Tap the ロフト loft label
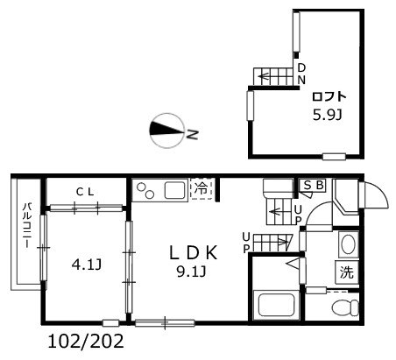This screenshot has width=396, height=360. click(329, 96)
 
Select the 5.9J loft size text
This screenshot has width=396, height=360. click(328, 116)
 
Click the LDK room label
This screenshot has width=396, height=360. click(194, 253)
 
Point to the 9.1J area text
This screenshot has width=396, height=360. click(192, 272)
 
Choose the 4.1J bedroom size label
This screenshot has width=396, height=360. click(87, 265)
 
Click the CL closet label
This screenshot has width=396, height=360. click(85, 192)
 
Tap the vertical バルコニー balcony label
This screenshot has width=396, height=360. click(27, 225)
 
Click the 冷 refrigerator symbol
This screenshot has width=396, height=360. click(202, 189)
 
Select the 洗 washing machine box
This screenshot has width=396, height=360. click(347, 272)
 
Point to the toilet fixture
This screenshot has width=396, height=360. click(345, 307)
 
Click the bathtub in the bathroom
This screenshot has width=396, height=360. click(277, 305)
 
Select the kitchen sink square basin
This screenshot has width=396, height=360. click(175, 190)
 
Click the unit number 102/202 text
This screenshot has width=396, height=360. click(86, 341)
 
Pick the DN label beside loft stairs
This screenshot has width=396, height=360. click(301, 74)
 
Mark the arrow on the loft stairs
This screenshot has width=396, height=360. click(265, 77)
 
